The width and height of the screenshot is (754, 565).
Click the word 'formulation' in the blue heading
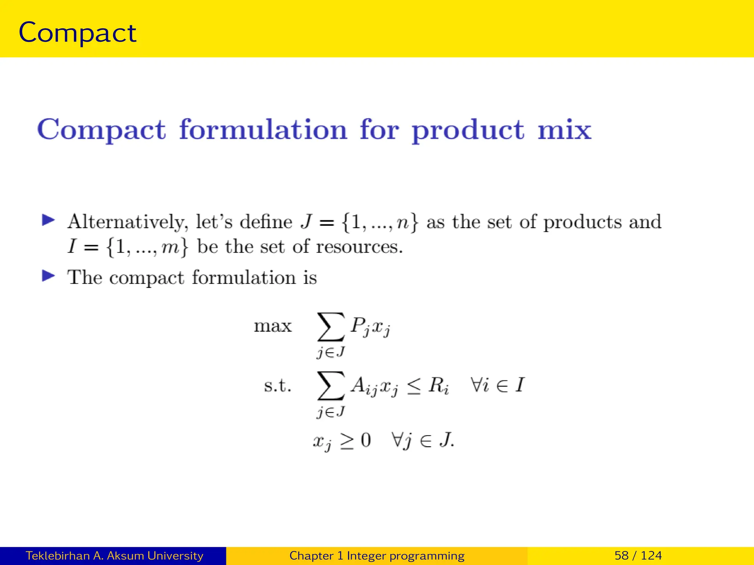263,130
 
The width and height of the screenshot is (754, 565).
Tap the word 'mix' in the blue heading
564,130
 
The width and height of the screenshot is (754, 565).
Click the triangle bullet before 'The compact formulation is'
48,276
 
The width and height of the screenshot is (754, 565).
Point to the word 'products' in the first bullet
582,222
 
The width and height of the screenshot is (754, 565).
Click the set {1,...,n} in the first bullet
380,222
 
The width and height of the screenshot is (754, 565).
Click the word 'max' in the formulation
272,326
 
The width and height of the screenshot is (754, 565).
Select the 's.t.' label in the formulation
278,385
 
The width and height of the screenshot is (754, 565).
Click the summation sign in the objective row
331,327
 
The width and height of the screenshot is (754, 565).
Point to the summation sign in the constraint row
331,385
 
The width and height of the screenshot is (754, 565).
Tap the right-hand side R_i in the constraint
438,385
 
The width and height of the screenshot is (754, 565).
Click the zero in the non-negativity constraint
366,440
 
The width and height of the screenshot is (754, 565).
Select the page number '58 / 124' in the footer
638,555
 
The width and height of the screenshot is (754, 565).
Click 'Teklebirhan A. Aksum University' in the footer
114,555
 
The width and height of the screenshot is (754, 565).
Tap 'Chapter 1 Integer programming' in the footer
377,555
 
